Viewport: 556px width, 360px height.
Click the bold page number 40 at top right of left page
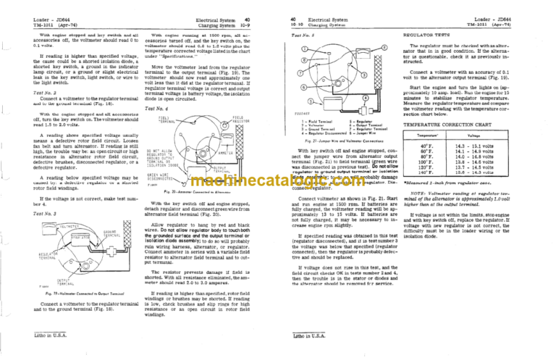point(247,7)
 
